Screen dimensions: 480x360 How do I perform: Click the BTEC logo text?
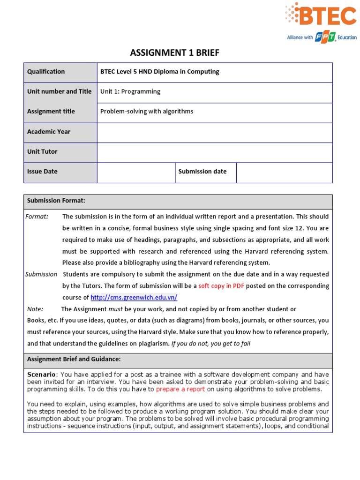point(328,17)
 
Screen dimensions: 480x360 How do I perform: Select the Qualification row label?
point(46,72)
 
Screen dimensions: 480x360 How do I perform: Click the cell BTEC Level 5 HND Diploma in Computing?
point(159,72)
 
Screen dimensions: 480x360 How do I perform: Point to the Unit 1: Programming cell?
point(130,92)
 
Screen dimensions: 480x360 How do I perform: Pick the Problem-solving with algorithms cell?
point(147,112)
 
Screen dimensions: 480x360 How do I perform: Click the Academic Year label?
point(49,132)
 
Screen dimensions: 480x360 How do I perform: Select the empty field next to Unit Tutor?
point(214,152)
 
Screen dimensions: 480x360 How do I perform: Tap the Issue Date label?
point(42,172)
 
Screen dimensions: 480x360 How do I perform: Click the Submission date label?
point(202,172)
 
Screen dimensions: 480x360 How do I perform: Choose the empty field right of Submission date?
point(284,172)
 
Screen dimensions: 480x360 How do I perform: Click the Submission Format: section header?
point(56,201)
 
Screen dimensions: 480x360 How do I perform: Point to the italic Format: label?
point(37,217)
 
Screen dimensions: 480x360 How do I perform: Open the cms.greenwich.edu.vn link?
point(134,298)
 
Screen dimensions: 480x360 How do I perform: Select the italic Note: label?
point(35,309)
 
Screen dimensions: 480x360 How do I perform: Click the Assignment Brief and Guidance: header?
point(74,360)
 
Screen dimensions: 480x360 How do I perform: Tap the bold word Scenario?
point(42,375)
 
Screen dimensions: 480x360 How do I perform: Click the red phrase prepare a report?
point(180,389)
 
